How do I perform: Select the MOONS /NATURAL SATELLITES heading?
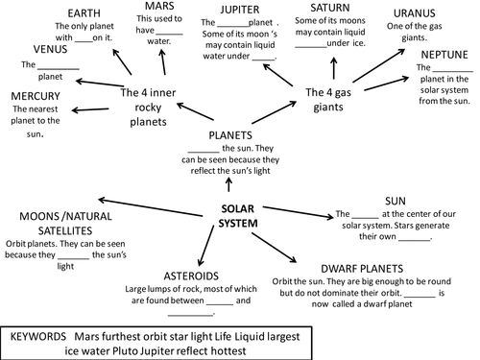(x=52, y=218)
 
